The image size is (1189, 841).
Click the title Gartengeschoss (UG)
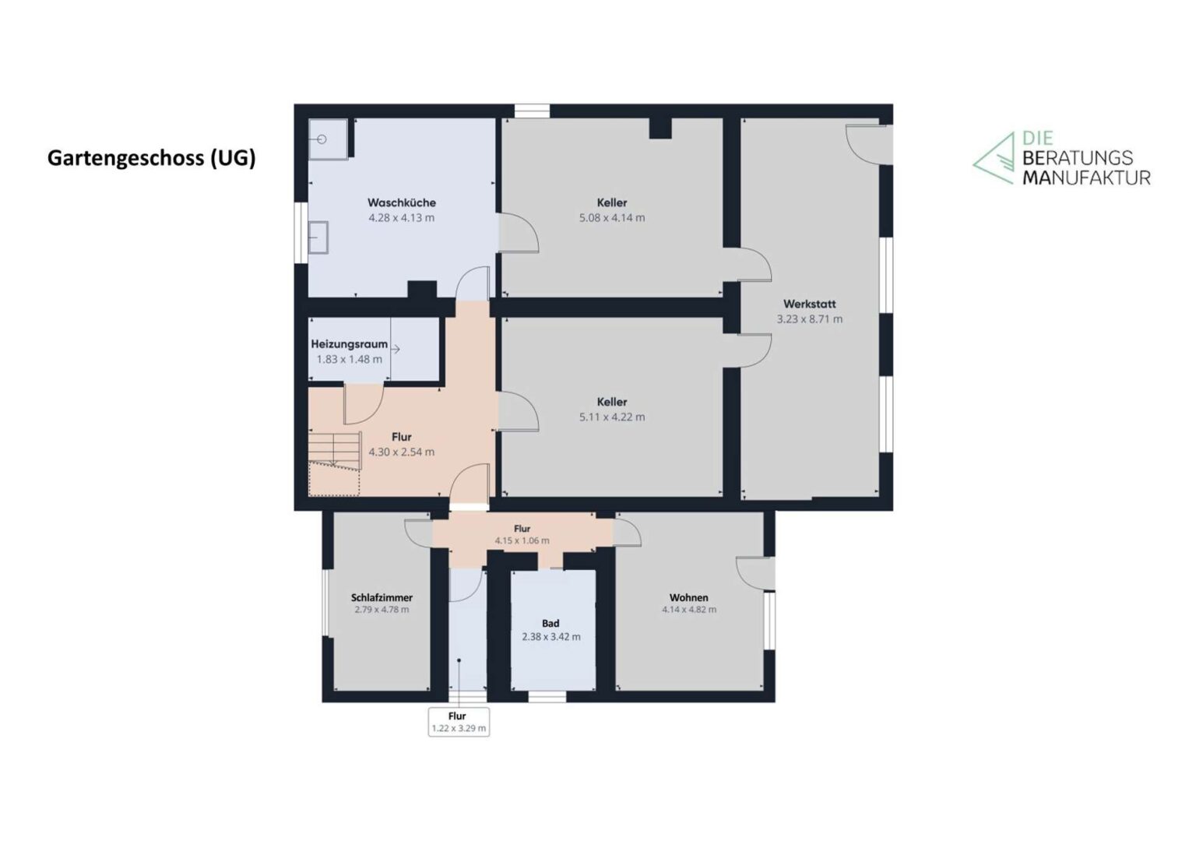pos(152,158)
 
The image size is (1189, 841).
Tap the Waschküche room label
pos(402,202)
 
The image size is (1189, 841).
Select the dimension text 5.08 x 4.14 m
pos(612,218)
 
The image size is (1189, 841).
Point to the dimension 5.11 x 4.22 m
pos(612,417)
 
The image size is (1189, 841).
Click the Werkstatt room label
pos(810,304)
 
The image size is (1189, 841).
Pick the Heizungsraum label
pos(350,344)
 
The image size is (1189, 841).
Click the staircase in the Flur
pos(335,463)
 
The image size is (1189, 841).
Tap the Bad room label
pos(551,623)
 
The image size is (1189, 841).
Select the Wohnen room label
pos(689,598)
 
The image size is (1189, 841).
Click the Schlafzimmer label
pos(382,598)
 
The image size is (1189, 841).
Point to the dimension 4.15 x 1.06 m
pos(522,541)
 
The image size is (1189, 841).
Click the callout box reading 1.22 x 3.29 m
pos(459,722)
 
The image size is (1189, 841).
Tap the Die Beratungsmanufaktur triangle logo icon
pos(993,158)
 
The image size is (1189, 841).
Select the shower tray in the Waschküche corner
pos(328,139)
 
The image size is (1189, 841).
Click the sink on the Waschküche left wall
pos(318,238)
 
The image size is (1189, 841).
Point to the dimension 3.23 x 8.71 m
pos(810,319)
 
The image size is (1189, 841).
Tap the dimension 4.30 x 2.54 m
pos(402,452)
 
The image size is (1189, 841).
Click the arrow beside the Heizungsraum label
pos(396,350)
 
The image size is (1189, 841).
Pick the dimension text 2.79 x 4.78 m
pos(382,610)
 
